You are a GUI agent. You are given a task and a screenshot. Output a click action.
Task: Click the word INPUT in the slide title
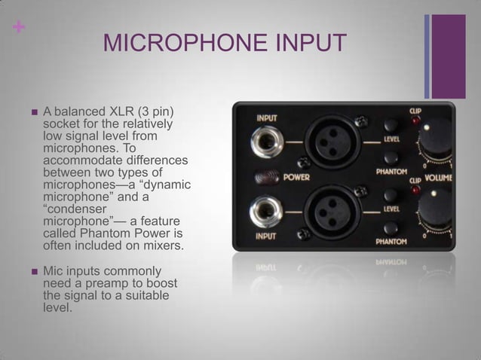[x=309, y=43]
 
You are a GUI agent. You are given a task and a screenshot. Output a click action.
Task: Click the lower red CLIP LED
[x=414, y=190]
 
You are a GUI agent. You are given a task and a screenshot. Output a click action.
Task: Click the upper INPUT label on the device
[x=266, y=117]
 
